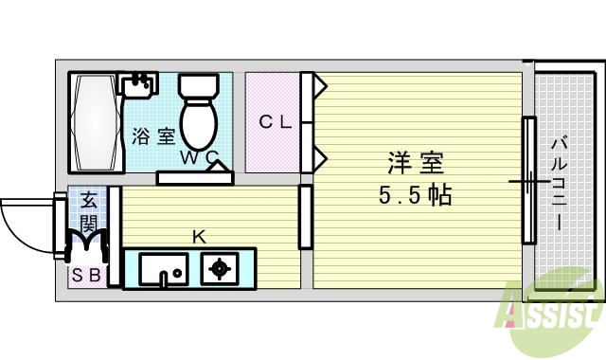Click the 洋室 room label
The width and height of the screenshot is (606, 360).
pos(415,163)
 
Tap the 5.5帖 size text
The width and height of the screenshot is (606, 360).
pos(413,196)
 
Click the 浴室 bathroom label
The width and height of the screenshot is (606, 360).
pos(152,136)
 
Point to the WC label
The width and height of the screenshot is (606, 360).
pos(200,158)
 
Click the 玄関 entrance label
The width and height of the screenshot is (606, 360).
pos(88,212)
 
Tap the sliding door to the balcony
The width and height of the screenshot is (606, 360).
pos(529,180)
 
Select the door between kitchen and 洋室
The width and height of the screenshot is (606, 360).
pos(305,217)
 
